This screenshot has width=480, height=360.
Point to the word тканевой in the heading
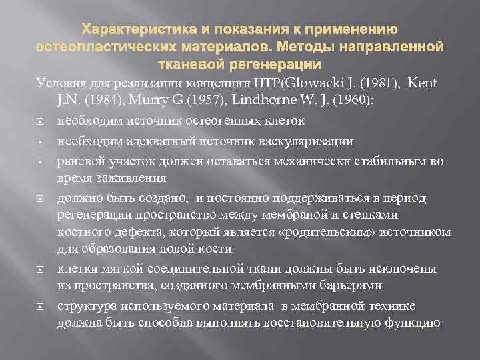coord(194,64)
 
